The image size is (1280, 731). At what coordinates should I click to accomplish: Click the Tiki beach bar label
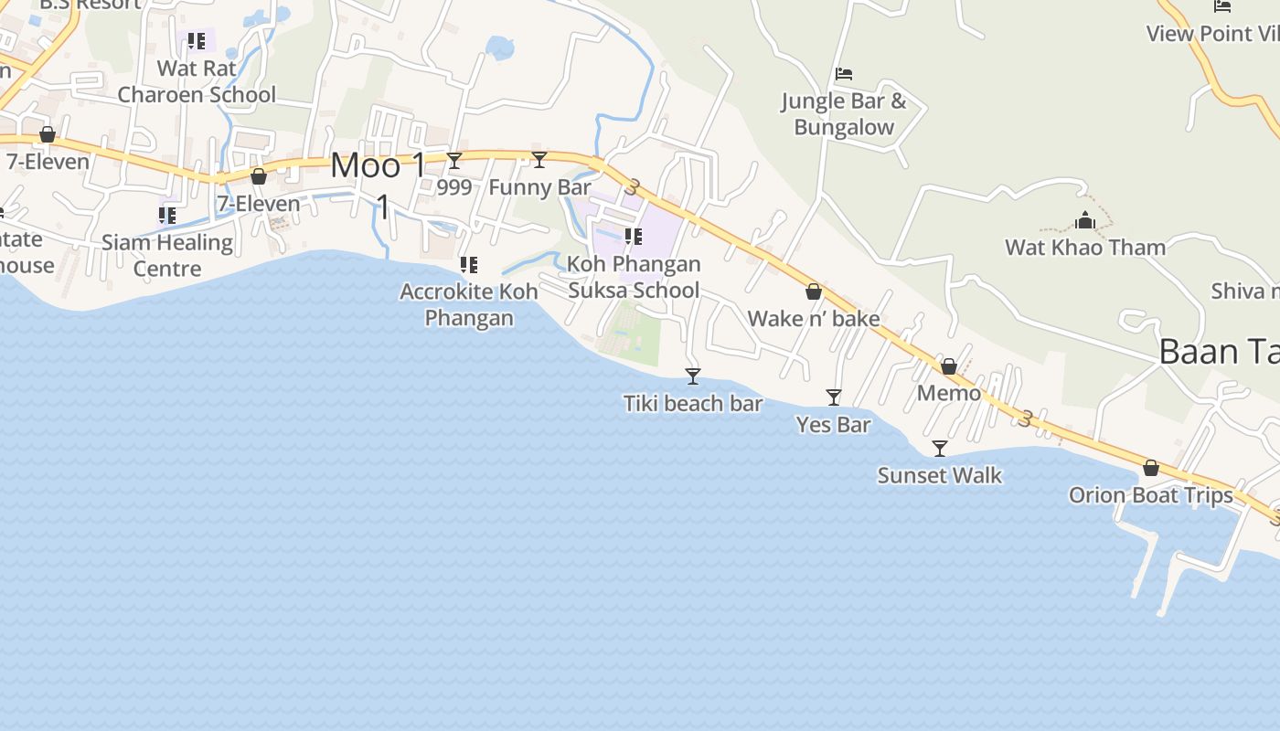(x=693, y=404)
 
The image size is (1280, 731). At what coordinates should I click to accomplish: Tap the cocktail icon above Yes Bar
(x=834, y=397)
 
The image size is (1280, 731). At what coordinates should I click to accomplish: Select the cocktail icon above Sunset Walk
(x=939, y=448)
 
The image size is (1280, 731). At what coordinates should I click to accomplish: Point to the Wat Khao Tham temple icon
(x=1085, y=220)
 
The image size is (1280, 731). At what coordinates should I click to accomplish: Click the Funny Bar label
(x=539, y=187)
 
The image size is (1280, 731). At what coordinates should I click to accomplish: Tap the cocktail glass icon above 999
(x=454, y=161)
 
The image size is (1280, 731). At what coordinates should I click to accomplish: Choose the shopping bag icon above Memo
(x=949, y=366)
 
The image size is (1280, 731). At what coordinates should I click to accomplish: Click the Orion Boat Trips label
(x=1150, y=495)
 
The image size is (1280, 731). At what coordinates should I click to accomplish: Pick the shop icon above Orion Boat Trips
(x=1151, y=468)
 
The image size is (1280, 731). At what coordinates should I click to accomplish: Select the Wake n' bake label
(x=814, y=319)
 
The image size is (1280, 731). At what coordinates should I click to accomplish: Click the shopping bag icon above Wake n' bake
(x=814, y=291)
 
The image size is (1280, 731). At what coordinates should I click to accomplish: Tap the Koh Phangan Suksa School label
(x=634, y=277)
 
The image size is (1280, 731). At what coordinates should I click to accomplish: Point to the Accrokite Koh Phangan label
(x=469, y=304)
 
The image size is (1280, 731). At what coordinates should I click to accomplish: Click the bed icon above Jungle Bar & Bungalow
(x=844, y=73)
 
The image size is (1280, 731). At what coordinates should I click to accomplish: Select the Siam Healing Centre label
(x=167, y=255)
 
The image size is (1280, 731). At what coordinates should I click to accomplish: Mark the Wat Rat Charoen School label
(x=197, y=81)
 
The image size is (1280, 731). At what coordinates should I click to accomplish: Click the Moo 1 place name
(x=378, y=166)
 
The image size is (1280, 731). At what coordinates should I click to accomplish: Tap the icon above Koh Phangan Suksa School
(x=634, y=237)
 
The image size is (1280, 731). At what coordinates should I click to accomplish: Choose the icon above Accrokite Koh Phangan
(x=469, y=265)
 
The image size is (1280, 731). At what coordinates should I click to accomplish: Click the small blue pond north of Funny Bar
(x=500, y=47)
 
